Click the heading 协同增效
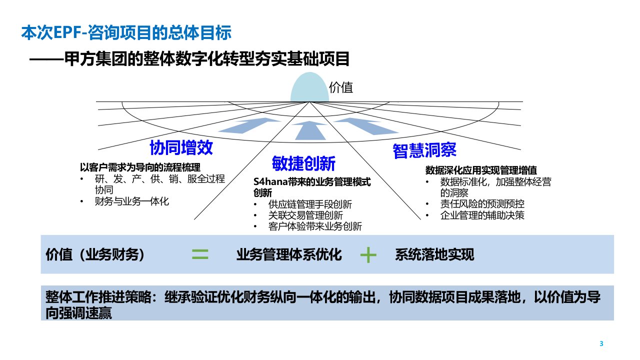[181, 147]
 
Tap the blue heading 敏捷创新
[303, 163]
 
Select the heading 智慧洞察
[424, 150]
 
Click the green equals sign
[200, 255]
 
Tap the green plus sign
[368, 255]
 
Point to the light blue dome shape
[308, 87]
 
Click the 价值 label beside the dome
[341, 88]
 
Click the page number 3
[601, 343]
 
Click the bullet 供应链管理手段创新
[310, 204]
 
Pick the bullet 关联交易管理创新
[305, 215]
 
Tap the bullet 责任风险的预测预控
[482, 204]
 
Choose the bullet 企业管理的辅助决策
[482, 215]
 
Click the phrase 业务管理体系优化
[289, 255]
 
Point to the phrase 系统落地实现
[434, 255]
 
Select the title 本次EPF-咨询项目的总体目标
[126, 33]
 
